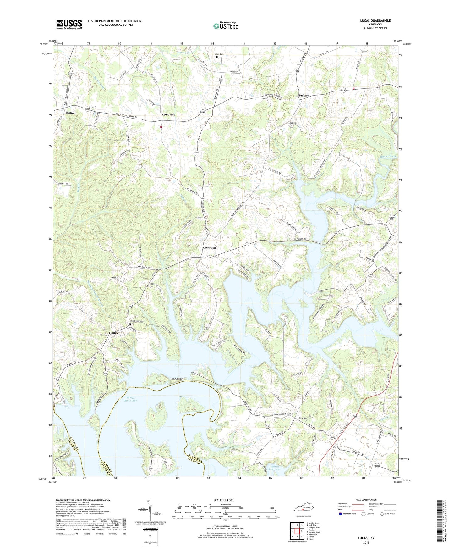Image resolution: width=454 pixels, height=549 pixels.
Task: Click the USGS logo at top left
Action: (69, 24)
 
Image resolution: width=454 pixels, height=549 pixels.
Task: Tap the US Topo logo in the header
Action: (226, 26)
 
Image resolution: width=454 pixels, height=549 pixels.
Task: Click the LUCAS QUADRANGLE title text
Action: (375, 21)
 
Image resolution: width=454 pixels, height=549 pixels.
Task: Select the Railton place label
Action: (70, 113)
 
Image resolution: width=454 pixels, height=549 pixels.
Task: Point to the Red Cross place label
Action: (168, 115)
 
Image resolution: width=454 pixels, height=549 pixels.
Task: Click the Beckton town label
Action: (304, 95)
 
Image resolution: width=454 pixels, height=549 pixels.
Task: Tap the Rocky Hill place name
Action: (209, 248)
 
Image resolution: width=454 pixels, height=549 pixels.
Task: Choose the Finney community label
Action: (113, 333)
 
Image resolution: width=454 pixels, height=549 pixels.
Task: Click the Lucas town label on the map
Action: (303, 418)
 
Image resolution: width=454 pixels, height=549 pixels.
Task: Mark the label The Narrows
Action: (177, 379)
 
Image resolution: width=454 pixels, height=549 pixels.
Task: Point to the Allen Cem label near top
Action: (219, 54)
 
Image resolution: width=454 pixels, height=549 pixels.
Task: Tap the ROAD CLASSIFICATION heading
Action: (366, 500)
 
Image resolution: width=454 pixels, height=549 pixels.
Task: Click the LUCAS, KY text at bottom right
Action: (366, 538)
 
